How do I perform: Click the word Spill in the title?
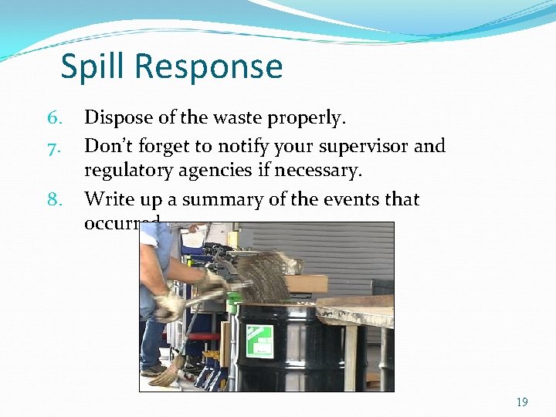coord(93,66)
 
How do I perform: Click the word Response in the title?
coord(208,68)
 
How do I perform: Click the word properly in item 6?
coord(307,119)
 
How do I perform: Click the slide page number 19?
coord(522,402)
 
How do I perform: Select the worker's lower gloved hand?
coord(168,307)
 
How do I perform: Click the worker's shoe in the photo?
coord(152,369)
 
